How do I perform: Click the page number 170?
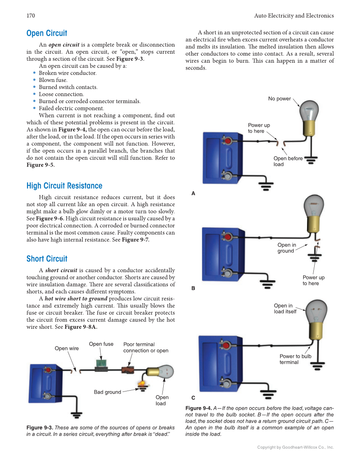click(x=31, y=16)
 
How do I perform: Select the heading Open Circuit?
click(x=47, y=33)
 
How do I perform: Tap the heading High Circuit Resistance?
click(x=64, y=186)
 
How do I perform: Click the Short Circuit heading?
click(x=47, y=259)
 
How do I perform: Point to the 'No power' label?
click(x=279, y=99)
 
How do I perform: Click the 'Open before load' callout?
click(x=288, y=161)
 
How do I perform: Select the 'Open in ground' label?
click(x=286, y=248)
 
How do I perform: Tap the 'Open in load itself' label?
click(x=285, y=309)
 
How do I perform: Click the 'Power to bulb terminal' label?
click(x=295, y=359)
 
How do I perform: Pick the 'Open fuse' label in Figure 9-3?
click(x=101, y=344)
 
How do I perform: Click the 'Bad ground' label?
click(x=107, y=392)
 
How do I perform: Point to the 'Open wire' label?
click(x=67, y=349)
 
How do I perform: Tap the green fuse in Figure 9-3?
click(x=101, y=364)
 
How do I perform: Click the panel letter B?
click(x=193, y=288)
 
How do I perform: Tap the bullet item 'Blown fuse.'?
click(x=53, y=80)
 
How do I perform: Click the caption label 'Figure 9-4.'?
click(x=198, y=408)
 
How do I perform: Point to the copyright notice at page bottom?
click(x=296, y=447)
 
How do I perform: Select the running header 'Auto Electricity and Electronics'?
click(x=294, y=16)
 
